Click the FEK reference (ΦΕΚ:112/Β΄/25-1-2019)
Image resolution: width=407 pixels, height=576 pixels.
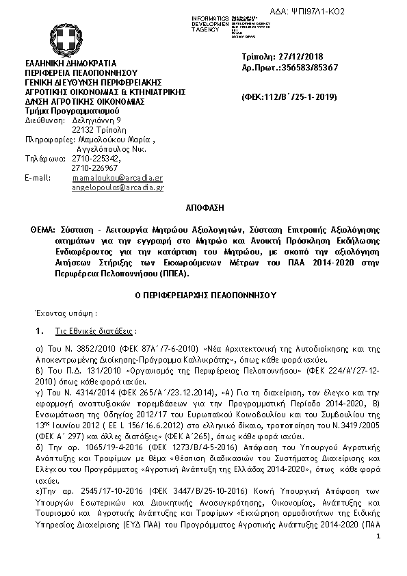[x=289, y=97]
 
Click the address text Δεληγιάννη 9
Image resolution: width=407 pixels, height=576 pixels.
[x=96, y=119]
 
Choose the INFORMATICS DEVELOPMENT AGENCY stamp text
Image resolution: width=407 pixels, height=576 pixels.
[x=211, y=24]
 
